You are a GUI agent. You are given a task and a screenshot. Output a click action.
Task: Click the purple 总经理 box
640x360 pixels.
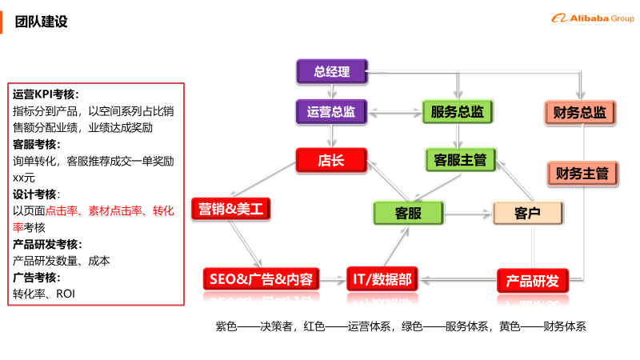pos(332,72)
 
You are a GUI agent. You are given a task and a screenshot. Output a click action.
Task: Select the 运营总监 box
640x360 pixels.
pos(331,111)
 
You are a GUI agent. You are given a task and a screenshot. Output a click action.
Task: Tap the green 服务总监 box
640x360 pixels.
pos(457,111)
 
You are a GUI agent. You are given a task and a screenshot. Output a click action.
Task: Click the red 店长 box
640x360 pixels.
pos(331,160)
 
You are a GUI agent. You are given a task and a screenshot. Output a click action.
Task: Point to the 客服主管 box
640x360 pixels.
pos(460,160)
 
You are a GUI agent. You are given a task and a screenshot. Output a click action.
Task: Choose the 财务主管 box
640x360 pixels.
pos(582,172)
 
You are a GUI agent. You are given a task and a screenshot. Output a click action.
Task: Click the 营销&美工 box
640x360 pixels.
pos(231,210)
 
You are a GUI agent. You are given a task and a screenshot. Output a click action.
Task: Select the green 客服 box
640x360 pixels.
pos(408,213)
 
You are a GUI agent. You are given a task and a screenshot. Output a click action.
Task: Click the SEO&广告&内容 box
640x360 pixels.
pos(262,279)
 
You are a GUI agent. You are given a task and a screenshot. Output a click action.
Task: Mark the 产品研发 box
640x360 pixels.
pos(533,281)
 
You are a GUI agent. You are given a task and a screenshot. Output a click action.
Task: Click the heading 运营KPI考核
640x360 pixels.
pos(46,94)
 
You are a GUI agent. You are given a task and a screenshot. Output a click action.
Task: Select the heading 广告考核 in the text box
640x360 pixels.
pos(35,278)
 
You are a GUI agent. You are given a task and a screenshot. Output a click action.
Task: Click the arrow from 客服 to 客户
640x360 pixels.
pos(468,213)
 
